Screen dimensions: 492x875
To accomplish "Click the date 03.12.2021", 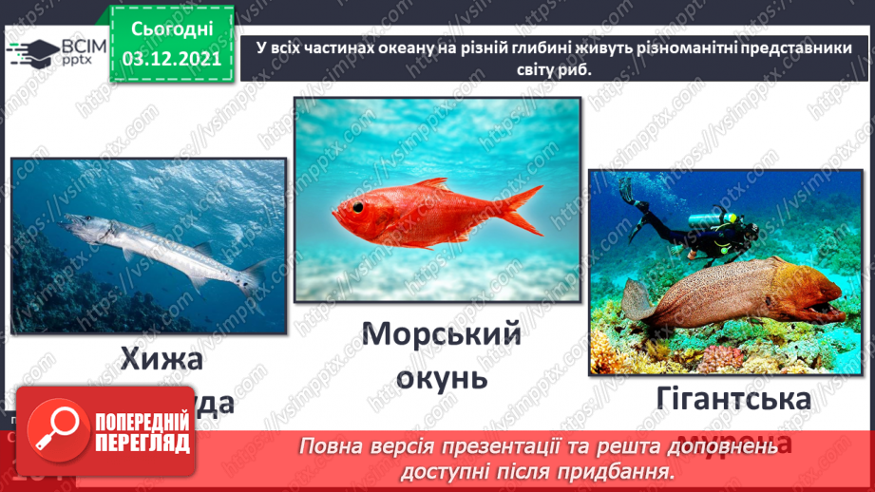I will coord(171,59).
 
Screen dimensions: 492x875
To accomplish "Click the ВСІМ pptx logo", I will coord(53,52).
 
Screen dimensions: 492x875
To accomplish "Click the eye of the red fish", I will coord(357,206).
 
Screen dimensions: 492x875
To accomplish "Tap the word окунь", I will coord(438,377).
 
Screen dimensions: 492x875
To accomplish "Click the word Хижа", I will coord(162,358).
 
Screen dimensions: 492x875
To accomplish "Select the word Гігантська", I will coord(732,399).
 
